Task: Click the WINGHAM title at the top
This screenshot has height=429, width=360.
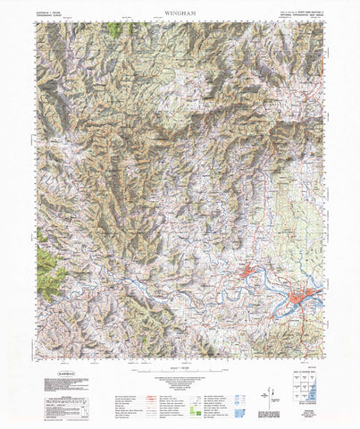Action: pos(180,13)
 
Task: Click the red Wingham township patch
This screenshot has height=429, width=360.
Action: pos(251,272)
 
